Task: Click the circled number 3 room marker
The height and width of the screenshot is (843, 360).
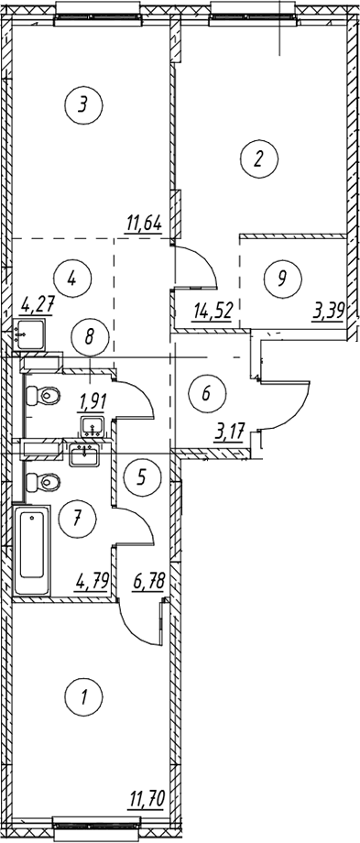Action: point(82,105)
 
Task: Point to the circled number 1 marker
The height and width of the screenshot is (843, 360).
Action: point(83,697)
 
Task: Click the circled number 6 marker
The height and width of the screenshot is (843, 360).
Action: point(207,393)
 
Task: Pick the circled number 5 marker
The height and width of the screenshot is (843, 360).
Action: point(141,476)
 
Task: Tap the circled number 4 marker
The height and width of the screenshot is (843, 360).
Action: point(73,278)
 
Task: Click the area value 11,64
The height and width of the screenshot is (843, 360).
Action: point(143,223)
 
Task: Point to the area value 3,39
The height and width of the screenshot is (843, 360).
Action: point(327,312)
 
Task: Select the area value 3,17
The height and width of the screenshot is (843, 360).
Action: point(229,432)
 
